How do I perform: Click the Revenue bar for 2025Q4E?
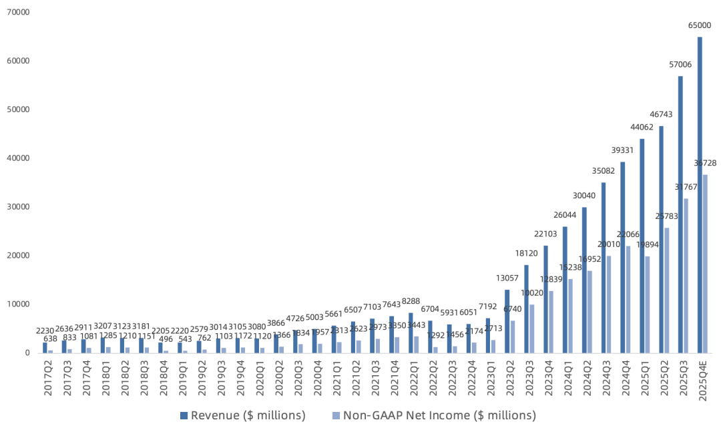(700, 194)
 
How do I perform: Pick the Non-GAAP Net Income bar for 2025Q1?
(647, 304)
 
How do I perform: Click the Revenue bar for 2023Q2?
(507, 320)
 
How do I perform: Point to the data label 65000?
(700, 26)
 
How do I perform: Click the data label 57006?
(680, 65)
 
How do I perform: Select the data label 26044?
(565, 216)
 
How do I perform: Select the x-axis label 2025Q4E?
(701, 379)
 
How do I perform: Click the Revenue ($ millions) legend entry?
(243, 415)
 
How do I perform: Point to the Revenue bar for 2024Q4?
(622, 257)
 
